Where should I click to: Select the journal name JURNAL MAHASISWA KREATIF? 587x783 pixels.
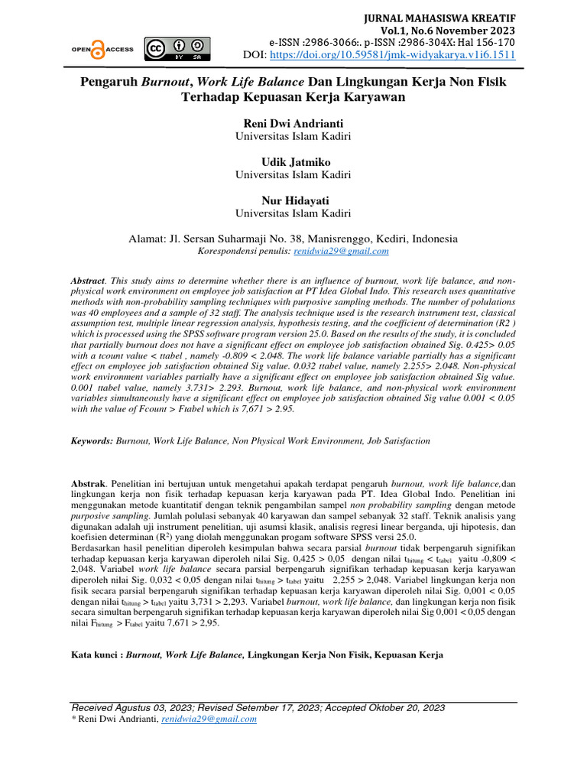click(x=451, y=17)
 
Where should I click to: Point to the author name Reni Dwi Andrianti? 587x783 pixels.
click(x=293, y=124)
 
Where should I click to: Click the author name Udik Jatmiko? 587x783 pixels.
click(x=293, y=162)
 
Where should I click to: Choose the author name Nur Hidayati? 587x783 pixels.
click(x=293, y=200)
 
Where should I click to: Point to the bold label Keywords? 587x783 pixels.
click(x=92, y=441)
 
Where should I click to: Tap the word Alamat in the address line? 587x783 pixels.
click(x=149, y=239)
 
